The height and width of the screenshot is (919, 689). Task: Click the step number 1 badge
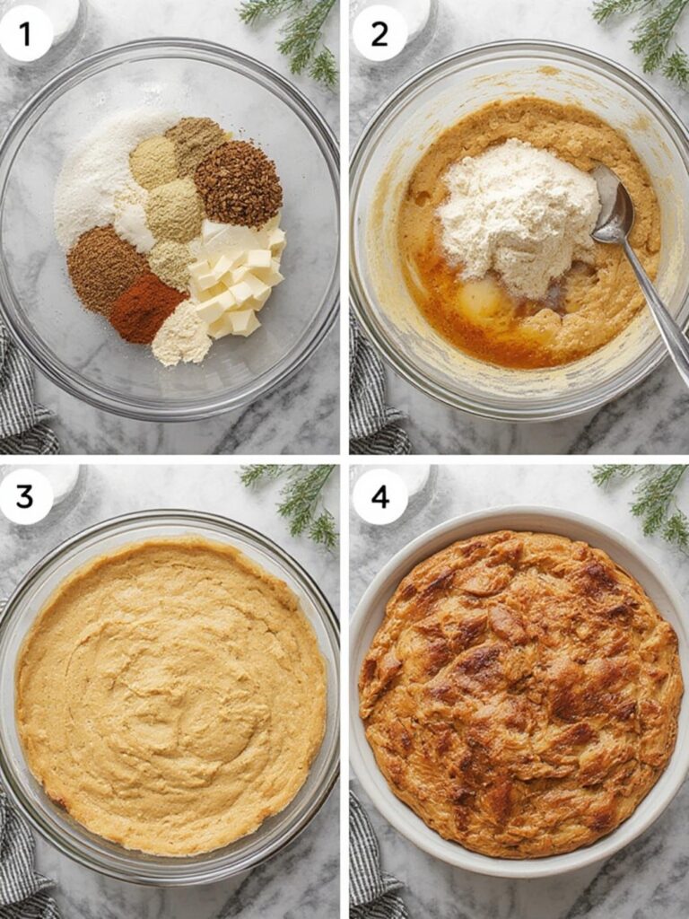click(x=25, y=33)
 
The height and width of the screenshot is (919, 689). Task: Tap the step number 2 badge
click(x=379, y=33)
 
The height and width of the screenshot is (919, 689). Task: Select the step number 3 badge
click(x=25, y=496)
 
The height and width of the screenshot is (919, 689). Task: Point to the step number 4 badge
click(x=379, y=496)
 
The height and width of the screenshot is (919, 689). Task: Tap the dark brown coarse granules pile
click(x=238, y=183)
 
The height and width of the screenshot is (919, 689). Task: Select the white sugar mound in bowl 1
click(x=94, y=184)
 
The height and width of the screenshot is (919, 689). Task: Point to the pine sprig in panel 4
click(x=650, y=498)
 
